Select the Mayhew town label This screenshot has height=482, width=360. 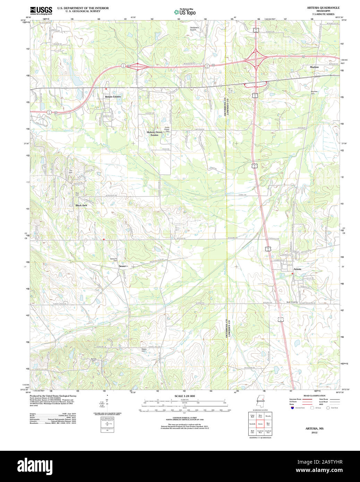point(314,67)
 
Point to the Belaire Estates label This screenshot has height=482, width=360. point(113,96)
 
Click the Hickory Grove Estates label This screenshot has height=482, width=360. point(154,134)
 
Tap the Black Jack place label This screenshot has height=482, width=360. point(81,205)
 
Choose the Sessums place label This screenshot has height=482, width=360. point(123,266)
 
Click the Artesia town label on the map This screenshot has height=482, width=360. point(297,269)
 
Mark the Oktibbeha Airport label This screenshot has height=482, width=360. point(193,28)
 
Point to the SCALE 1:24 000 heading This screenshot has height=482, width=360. point(185,396)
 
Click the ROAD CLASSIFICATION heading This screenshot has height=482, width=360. point(314,396)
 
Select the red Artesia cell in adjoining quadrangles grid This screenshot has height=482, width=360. point(260,424)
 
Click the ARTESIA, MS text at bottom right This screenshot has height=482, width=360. point(314,429)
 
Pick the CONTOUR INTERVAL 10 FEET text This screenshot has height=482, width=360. point(184,418)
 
